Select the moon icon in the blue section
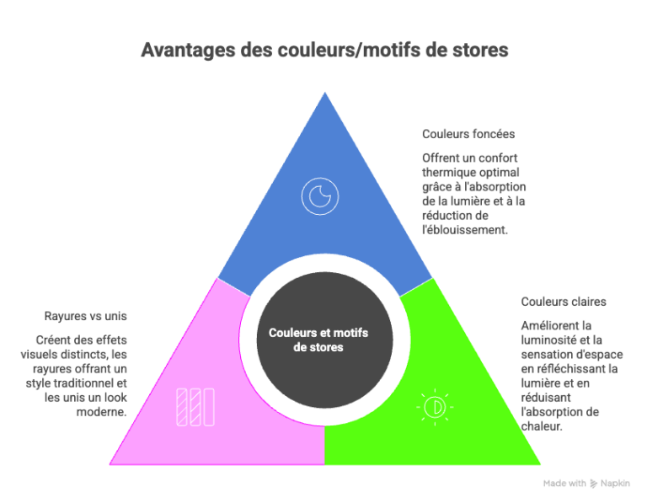[320, 196]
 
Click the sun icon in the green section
[435, 407]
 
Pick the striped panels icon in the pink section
[195, 407]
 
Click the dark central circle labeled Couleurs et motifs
[324, 340]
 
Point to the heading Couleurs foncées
[468, 134]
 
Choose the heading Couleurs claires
[564, 302]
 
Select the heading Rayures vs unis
[85, 316]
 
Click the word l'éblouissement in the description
[465, 230]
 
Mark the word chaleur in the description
[542, 426]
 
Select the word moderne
[101, 412]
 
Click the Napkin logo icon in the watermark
[594, 484]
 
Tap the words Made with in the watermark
[564, 483]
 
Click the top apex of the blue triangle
[324, 93]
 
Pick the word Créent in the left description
[53, 340]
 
